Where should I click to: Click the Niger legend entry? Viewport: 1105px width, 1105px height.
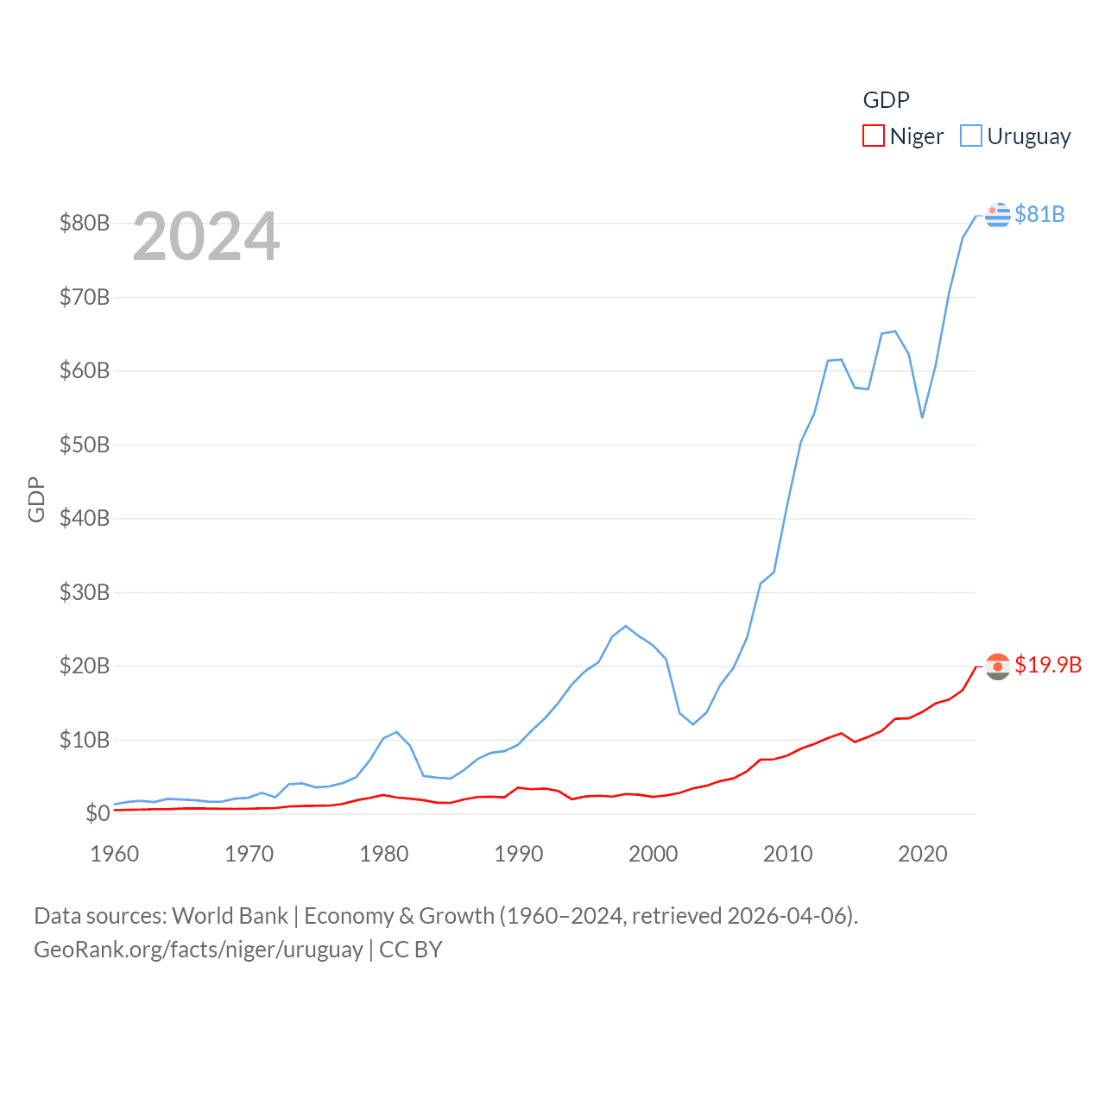(903, 136)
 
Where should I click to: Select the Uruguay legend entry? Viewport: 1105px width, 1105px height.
(1015, 136)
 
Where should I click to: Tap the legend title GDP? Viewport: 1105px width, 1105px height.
(886, 100)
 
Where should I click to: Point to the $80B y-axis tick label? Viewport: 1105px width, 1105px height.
(85, 223)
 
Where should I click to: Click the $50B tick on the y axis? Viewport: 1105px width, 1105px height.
(85, 445)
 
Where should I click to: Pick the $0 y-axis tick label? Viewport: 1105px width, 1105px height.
(97, 813)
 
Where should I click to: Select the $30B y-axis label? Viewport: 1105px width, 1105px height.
(85, 592)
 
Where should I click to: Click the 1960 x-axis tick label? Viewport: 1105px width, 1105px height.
(115, 854)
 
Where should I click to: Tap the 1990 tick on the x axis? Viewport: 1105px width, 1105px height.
(519, 854)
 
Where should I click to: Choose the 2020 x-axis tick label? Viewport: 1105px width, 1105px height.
(923, 854)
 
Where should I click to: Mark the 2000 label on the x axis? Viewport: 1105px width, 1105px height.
(654, 854)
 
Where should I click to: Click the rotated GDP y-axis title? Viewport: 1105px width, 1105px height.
(36, 499)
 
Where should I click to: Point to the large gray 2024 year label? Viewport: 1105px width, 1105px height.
(206, 237)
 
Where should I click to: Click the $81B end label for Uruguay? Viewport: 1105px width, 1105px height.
(1039, 214)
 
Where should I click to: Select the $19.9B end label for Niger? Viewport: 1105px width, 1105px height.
(1048, 665)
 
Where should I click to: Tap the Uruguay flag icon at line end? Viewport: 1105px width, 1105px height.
(998, 214)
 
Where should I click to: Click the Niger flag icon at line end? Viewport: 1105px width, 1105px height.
(998, 666)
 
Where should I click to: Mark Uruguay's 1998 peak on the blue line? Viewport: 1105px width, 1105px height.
(626, 626)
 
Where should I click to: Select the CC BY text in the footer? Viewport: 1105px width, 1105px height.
(411, 950)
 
